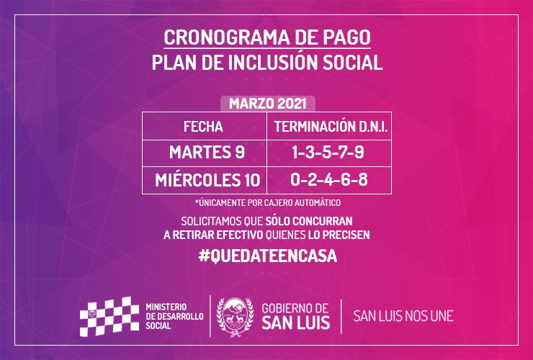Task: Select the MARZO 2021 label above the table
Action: [x=267, y=104]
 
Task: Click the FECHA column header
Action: [x=203, y=127]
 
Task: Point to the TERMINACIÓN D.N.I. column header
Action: [x=331, y=127]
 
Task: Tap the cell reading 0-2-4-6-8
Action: [x=328, y=179]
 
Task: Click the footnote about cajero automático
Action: [x=267, y=202]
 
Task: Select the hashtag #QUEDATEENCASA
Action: [x=267, y=256]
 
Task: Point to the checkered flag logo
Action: [x=109, y=317]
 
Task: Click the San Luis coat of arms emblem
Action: [x=235, y=317]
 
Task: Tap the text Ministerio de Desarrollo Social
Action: [x=174, y=317]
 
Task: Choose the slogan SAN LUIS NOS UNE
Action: [x=403, y=316]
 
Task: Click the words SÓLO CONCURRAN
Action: [x=309, y=221]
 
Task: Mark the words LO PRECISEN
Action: [x=339, y=235]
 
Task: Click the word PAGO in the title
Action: [x=346, y=37]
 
